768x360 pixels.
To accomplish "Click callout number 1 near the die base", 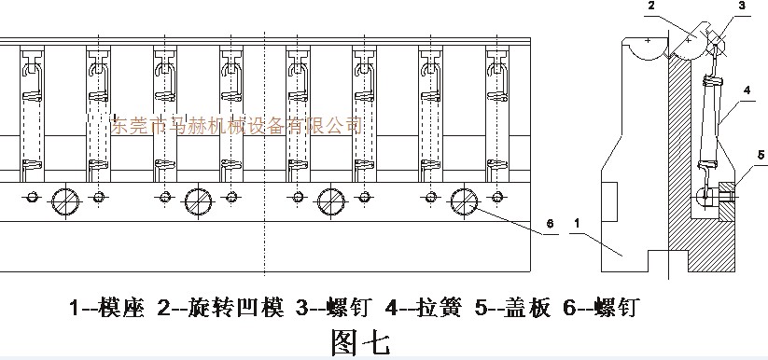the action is pyautogui.click(x=579, y=224).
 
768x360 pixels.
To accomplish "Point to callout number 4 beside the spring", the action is pyautogui.click(x=747, y=90).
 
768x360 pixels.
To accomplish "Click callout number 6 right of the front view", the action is pyautogui.click(x=551, y=224).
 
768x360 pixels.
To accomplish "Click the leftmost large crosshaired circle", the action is pyautogui.click(x=65, y=201).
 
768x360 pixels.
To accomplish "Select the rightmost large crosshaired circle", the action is pyautogui.click(x=464, y=201).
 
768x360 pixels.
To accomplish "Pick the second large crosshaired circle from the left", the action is pyautogui.click(x=198, y=201).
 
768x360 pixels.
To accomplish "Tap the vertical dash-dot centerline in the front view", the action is pyautogui.click(x=265, y=140).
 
